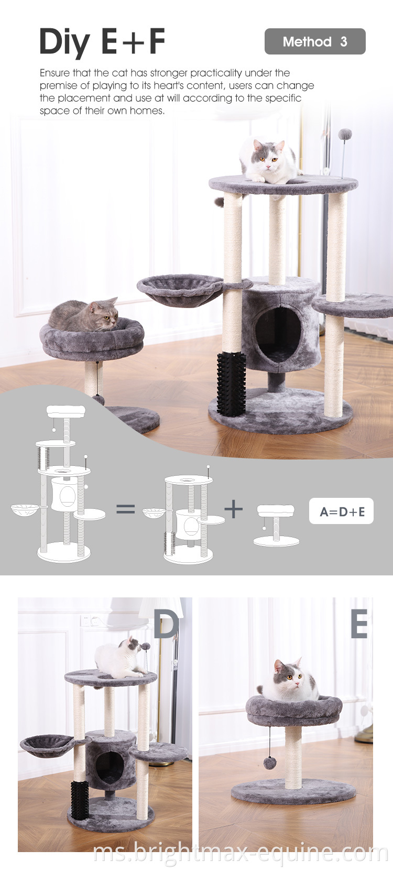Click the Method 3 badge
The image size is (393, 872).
[x=315, y=41]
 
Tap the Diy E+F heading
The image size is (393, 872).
[x=102, y=41]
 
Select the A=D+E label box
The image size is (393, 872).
[x=341, y=511]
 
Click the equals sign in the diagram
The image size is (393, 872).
[x=126, y=509]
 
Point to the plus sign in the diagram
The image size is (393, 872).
[x=234, y=509]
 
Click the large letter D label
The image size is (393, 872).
[x=167, y=624]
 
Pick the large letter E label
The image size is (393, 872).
[x=359, y=624]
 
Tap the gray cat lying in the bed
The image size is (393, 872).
[x=84, y=315]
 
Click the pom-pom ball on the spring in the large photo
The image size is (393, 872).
[x=345, y=135]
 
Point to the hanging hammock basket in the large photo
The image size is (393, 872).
[x=180, y=290]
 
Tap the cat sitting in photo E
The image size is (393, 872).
[x=289, y=680]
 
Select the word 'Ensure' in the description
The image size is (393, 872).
[x=55, y=73]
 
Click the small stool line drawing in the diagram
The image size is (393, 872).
[x=276, y=526]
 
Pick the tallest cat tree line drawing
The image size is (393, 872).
[x=64, y=483]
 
